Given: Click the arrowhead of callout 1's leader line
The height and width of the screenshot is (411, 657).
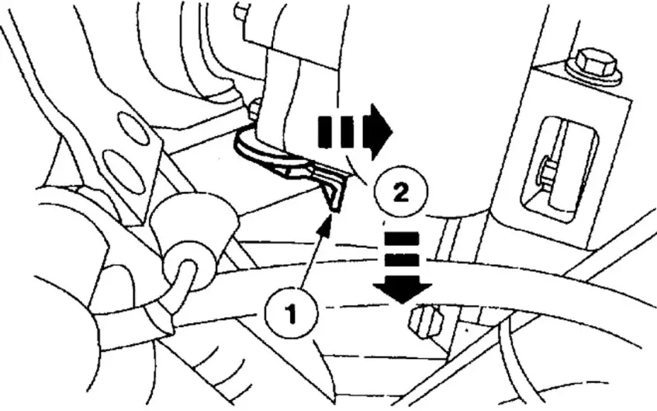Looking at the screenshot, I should click(327, 224).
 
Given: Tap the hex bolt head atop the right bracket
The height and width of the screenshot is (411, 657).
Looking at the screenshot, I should click(594, 65).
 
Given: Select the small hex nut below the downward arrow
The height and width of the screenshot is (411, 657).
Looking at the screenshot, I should click(424, 319).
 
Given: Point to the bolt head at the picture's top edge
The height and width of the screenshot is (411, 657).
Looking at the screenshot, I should click(242, 11).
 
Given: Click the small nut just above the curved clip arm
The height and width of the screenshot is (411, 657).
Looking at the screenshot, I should click(254, 110).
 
